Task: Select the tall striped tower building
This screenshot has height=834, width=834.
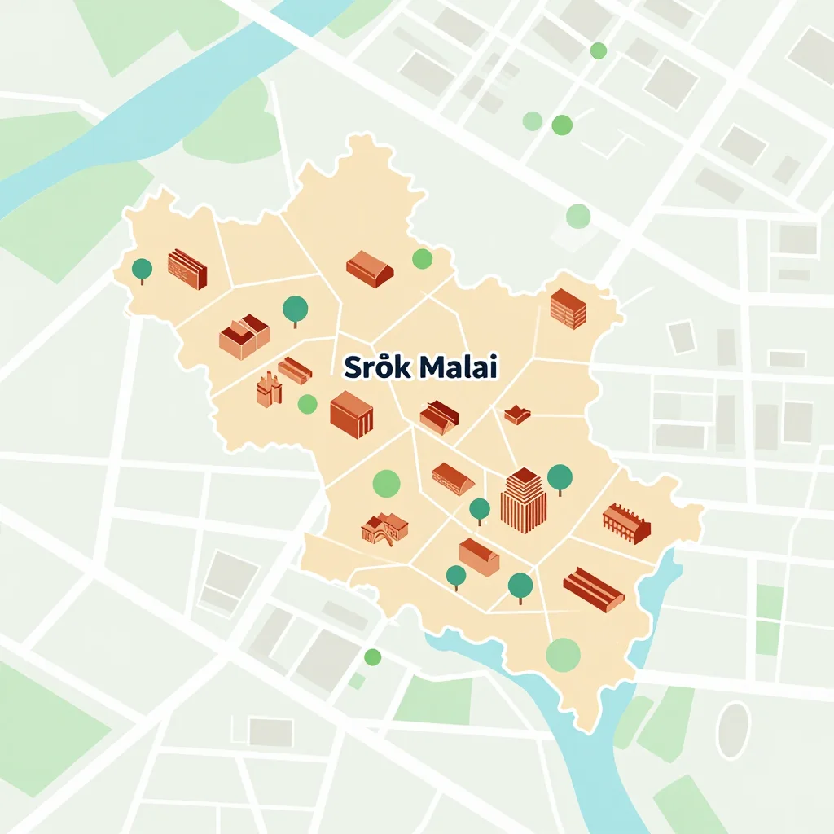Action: (x=523, y=499)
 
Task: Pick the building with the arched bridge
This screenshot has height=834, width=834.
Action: (x=384, y=528)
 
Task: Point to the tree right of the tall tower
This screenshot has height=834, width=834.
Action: (x=560, y=477)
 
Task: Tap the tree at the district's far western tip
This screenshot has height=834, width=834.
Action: (x=143, y=269)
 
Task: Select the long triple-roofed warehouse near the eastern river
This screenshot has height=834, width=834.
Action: (x=593, y=590)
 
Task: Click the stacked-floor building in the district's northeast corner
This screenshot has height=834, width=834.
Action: (x=568, y=309)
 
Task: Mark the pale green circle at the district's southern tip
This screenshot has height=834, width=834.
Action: (x=563, y=655)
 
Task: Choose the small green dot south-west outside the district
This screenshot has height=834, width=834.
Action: (x=372, y=656)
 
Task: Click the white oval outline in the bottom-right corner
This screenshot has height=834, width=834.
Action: (x=732, y=730)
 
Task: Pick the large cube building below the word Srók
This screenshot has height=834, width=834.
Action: (x=351, y=414)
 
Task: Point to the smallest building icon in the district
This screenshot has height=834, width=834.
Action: (x=517, y=415)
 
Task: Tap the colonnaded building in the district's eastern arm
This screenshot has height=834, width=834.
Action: (x=626, y=522)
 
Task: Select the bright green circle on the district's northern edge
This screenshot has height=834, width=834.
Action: (x=422, y=259)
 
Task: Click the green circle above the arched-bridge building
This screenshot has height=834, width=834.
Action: (x=387, y=483)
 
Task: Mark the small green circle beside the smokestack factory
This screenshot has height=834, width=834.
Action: (x=307, y=403)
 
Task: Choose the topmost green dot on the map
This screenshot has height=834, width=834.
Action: (x=599, y=50)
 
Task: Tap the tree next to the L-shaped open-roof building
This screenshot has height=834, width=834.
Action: (x=295, y=309)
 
